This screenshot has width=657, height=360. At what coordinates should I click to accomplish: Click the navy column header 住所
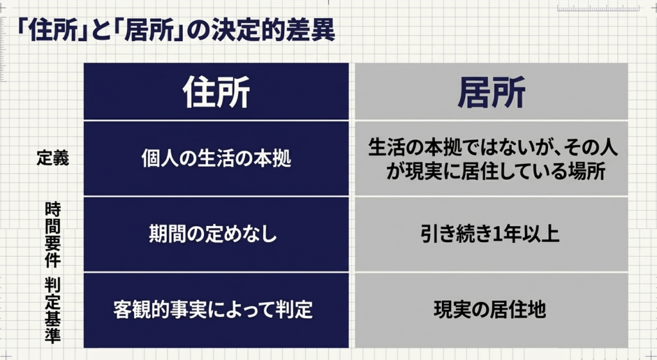[x=216, y=92]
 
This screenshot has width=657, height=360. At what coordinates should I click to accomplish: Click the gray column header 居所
[x=491, y=92]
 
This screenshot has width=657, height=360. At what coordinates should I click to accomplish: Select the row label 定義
[x=53, y=159]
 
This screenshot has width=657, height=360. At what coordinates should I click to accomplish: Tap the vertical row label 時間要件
[x=53, y=234]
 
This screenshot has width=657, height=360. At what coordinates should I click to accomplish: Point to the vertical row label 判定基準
[x=53, y=311]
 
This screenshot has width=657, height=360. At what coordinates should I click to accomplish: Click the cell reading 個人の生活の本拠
[x=216, y=159]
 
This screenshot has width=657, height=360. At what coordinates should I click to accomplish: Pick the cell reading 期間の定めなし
[x=213, y=234]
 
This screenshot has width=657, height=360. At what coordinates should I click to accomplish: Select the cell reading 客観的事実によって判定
[x=213, y=310]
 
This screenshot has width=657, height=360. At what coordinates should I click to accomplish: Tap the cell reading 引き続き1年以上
[x=490, y=234]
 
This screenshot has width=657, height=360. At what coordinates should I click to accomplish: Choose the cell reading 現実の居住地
[x=490, y=310]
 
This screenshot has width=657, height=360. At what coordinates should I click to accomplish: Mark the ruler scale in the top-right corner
[x=599, y=8]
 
